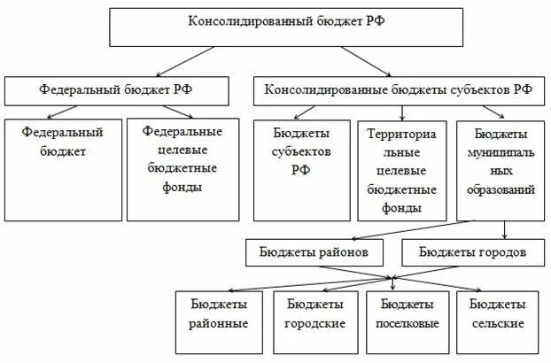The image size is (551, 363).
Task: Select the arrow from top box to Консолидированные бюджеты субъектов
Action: click(363, 60)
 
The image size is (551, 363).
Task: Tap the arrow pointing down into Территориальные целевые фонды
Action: click(403, 112)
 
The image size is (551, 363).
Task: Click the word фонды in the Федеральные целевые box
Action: click(182, 188)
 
